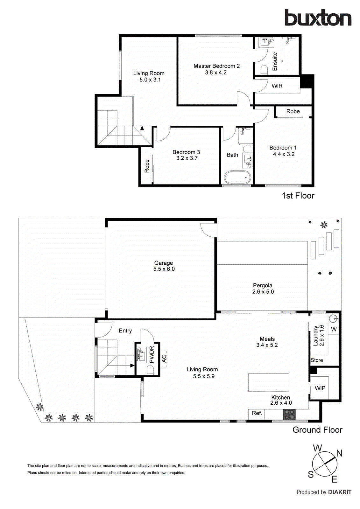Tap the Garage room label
[164, 263]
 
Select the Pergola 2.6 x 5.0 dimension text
[263, 292]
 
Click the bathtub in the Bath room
[237, 177]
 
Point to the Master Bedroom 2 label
[216, 66]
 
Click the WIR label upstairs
[277, 86]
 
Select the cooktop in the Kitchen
[289, 414]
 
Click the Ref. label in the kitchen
[257, 413]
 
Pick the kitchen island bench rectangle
[268, 382]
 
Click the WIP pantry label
[320, 388]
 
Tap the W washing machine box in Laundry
[334, 329]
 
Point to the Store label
[317, 360]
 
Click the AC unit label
[164, 359]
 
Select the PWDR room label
[152, 355]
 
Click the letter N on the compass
[339, 453]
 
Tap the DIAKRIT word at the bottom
[340, 492]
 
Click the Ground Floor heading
[317, 430]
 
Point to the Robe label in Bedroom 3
[147, 166]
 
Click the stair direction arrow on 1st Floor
[142, 128]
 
